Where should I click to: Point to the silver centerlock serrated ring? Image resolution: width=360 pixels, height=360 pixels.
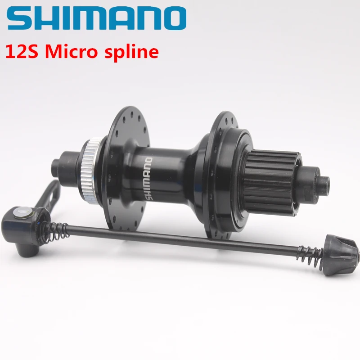click(93, 166)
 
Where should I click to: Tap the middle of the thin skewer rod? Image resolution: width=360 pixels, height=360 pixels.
click(189, 240)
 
